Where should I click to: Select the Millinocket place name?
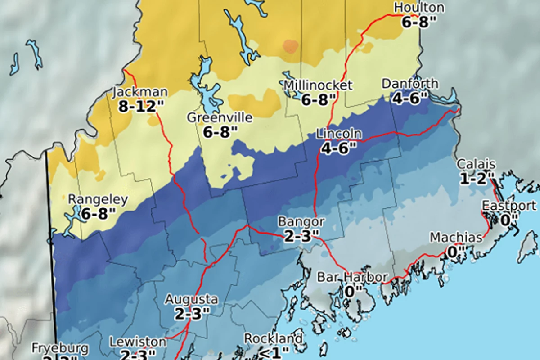click(318, 85)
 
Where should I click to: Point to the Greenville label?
click(220, 118)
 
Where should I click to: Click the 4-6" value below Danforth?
click(409, 98)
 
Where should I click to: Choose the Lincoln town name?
click(338, 134)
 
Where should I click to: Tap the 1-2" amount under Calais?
click(477, 179)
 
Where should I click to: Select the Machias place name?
click(456, 237)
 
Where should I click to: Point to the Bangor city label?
click(301, 221)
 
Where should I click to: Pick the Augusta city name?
click(191, 299)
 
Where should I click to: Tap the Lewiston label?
click(138, 342)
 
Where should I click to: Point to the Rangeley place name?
click(98, 199)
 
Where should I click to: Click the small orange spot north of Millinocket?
click(290, 45)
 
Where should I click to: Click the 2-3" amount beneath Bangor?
click(301, 235)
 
